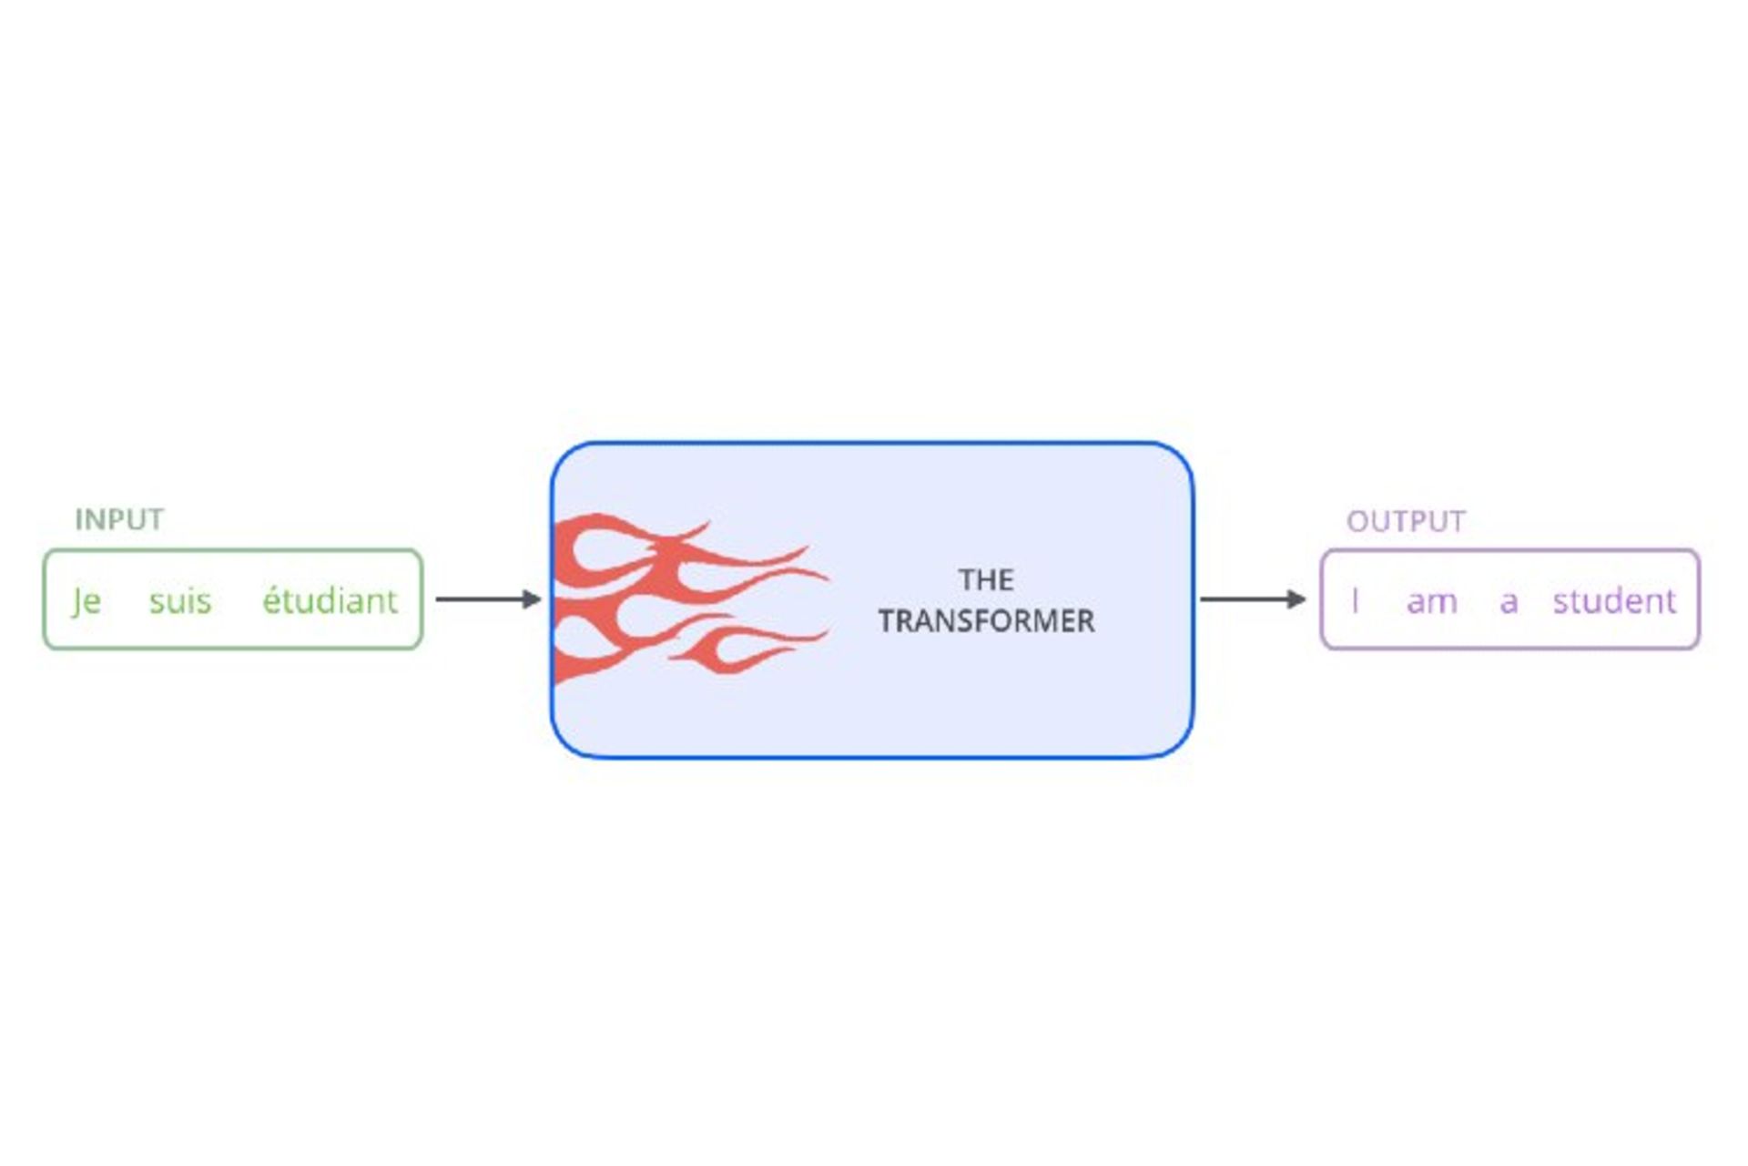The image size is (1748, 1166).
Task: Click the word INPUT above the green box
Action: (x=119, y=519)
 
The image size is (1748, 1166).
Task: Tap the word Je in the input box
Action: (x=86, y=601)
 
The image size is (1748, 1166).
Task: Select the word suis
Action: (x=180, y=601)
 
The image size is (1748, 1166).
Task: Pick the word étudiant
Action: (x=330, y=601)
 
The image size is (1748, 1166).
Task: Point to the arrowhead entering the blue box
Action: (x=532, y=599)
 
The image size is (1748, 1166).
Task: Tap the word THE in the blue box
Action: (x=986, y=580)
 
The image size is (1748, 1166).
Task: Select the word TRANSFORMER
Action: (x=986, y=621)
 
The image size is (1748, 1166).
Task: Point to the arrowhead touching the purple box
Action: (x=1296, y=599)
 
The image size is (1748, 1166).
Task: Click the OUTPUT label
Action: (x=1406, y=521)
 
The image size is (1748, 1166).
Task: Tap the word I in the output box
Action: (x=1356, y=601)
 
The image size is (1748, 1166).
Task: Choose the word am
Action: (x=1432, y=601)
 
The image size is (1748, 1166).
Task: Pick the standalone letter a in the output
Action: (x=1509, y=602)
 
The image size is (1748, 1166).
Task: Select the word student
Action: (x=1614, y=601)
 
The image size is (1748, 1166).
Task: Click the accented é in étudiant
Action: (x=271, y=601)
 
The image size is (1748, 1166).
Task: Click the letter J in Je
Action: (x=79, y=601)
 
